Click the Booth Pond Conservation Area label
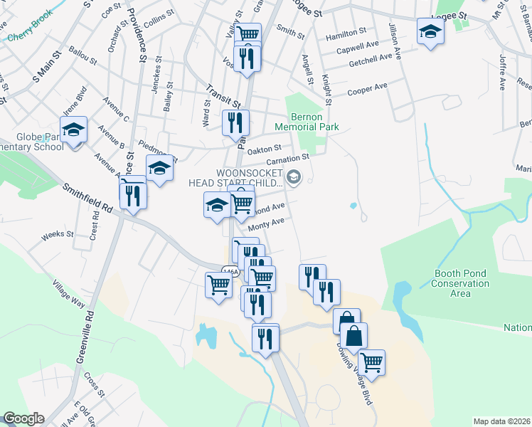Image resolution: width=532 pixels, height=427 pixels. [461, 283]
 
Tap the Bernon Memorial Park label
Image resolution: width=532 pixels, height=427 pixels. [313, 122]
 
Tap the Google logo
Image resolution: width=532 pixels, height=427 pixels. [23, 418]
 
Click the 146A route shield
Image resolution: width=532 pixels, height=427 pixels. [229, 272]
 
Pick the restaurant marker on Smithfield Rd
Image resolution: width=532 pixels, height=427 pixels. [133, 194]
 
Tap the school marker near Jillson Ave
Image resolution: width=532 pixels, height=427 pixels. [430, 31]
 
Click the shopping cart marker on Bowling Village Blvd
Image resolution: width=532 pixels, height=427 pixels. [371, 362]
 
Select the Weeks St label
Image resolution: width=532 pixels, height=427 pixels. [53, 234]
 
